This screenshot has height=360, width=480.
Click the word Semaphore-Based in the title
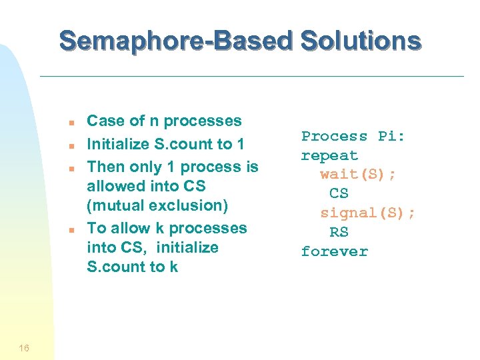click(x=175, y=41)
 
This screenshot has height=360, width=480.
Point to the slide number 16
click(x=24, y=347)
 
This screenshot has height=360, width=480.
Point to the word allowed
click(x=116, y=186)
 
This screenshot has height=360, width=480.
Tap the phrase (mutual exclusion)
click(x=157, y=206)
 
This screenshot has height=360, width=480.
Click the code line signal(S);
click(x=367, y=213)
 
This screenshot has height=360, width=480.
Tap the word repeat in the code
click(x=329, y=155)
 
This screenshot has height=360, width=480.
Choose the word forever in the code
click(x=334, y=251)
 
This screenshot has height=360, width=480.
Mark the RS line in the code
click(x=339, y=232)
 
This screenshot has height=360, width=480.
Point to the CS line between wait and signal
click(x=339, y=193)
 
